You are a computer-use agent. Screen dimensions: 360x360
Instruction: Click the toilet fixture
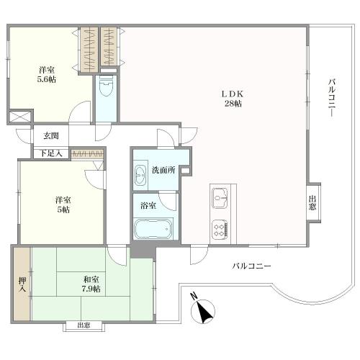[x=107, y=86]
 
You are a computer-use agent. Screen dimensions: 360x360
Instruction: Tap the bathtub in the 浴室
[x=153, y=229]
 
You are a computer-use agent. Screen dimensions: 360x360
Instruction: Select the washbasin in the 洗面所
[x=140, y=175]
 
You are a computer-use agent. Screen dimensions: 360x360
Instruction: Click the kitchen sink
[x=220, y=198]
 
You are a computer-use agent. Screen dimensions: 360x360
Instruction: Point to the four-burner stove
[x=220, y=230]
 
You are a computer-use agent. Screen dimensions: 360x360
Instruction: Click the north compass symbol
[x=202, y=309]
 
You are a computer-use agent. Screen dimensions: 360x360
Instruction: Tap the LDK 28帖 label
[x=233, y=99]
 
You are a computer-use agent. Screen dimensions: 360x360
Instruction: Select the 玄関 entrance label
[x=51, y=136]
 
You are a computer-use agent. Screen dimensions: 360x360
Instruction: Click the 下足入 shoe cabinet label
[x=51, y=153]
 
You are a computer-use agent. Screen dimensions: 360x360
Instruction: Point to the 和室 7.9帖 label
[x=91, y=284]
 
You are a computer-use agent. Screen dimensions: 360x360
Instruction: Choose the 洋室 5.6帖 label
[x=47, y=75]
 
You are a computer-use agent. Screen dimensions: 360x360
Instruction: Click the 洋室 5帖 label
[x=63, y=204]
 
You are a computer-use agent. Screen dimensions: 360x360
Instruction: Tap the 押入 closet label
[x=22, y=285]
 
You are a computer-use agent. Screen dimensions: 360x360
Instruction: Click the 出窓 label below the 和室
[x=84, y=325]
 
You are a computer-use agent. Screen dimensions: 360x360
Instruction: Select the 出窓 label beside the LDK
[x=312, y=203]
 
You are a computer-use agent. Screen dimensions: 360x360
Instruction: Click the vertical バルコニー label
[x=332, y=98]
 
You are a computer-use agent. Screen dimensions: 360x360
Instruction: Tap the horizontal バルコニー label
[x=251, y=266]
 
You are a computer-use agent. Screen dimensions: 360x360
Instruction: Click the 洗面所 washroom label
[x=163, y=170]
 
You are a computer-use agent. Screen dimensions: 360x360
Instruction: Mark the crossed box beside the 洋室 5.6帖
[x=20, y=117]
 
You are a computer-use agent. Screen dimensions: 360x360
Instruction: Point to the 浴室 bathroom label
[x=148, y=205]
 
